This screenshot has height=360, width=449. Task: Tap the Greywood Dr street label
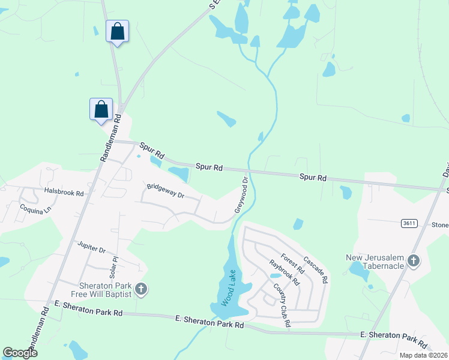tap(241, 194)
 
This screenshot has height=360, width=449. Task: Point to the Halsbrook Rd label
tap(63, 191)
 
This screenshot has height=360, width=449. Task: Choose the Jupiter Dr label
tap(91, 247)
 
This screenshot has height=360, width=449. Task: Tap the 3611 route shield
tap(409, 223)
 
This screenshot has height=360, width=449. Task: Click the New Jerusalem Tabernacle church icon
tap(414, 261)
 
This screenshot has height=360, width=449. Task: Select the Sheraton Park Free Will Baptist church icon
tap(140, 290)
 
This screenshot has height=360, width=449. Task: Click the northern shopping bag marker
tap(117, 31)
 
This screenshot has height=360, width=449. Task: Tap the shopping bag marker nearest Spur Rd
tap(101, 109)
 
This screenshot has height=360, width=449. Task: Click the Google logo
tap(20, 352)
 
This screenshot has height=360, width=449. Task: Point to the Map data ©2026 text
tap(423, 355)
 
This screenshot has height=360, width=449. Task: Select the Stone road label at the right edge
tap(440, 225)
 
